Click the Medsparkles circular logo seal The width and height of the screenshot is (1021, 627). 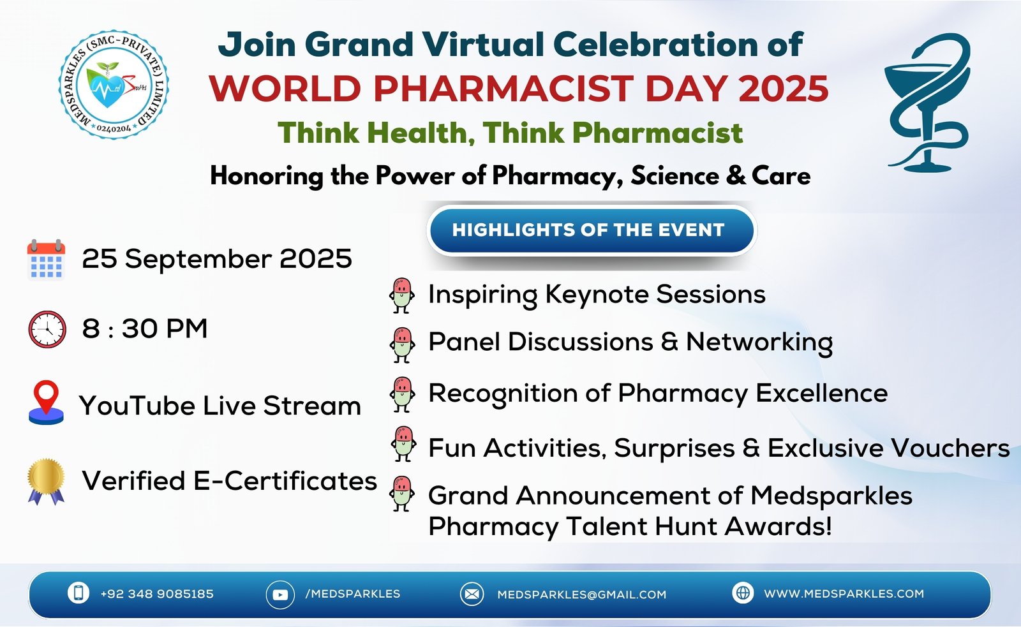(114, 85)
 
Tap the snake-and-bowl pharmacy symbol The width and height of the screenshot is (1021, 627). (927, 103)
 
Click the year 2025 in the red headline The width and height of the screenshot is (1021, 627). (783, 88)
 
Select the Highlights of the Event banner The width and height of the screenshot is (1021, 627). (591, 230)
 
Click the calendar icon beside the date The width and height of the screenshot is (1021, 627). (46, 259)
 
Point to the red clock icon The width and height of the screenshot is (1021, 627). (47, 329)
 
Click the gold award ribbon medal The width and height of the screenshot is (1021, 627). (46, 481)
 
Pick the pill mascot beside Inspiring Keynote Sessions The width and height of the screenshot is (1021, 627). (401, 296)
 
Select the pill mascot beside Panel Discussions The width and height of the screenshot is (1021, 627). (402, 345)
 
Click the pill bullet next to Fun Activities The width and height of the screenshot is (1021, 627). (403, 444)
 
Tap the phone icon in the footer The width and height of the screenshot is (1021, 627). (78, 593)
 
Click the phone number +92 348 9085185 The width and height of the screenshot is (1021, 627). (157, 594)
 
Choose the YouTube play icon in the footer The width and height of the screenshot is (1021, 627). (280, 594)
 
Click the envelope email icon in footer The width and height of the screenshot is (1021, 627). (472, 594)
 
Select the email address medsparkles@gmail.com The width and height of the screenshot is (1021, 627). (581, 594)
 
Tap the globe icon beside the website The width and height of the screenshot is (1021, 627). (743, 593)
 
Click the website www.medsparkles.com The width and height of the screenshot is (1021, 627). (844, 594)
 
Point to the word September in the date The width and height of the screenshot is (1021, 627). (198, 260)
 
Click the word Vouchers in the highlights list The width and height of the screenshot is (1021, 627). (950, 448)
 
